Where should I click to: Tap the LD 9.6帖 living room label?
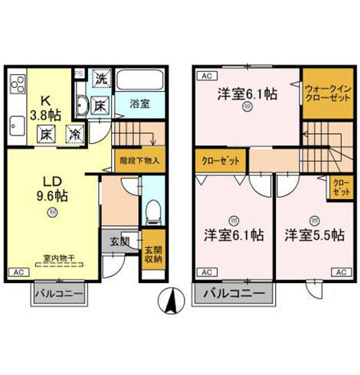[52, 187]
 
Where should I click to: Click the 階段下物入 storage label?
[139, 161]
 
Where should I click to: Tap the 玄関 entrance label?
[119, 241]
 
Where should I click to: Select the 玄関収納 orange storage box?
[153, 250]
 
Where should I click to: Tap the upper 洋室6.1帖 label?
[246, 95]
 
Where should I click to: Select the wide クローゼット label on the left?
[220, 161]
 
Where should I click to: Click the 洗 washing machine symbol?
[100, 77]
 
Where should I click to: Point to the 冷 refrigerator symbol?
[74, 132]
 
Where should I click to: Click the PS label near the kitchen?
[79, 73]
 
